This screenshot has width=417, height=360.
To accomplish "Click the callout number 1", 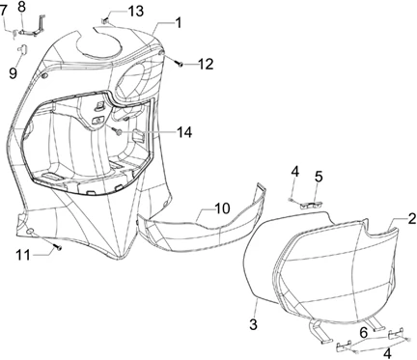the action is pyautogui.click(x=178, y=23).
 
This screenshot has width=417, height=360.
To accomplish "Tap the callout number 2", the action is pyautogui.click(x=412, y=219).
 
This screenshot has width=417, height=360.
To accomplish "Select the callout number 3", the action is pyautogui.click(x=254, y=324).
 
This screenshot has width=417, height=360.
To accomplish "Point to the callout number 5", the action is pyautogui.click(x=318, y=177).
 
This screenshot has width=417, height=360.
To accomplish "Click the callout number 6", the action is pyautogui.click(x=363, y=333).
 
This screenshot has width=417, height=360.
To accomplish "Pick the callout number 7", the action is pyautogui.click(x=4, y=11).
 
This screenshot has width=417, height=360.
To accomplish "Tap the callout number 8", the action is pyautogui.click(x=21, y=7).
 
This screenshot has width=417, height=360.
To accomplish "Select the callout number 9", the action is pyautogui.click(x=13, y=73).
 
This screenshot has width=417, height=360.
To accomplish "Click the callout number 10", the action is pyautogui.click(x=222, y=208).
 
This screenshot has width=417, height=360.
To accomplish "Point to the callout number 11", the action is pyautogui.click(x=23, y=255).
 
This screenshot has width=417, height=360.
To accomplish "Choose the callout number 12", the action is pyautogui.click(x=205, y=65).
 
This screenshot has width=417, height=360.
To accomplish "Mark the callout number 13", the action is pyautogui.click(x=135, y=12).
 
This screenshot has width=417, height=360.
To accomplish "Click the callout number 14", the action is pyautogui.click(x=184, y=132).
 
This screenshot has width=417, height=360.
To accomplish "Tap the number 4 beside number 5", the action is pyautogui.click(x=294, y=172).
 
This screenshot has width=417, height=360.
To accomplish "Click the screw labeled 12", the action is pyautogui.click(x=180, y=64).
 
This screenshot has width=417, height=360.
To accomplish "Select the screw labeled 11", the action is pyautogui.click(x=58, y=247).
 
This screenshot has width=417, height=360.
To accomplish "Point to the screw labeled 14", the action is pyautogui.click(x=118, y=131).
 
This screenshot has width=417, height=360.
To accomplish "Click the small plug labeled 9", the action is pyautogui.click(x=22, y=48).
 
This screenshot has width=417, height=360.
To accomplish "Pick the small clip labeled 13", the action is pyautogui.click(x=105, y=21).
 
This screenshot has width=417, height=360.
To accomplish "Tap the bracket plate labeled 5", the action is pyautogui.click(x=312, y=205).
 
